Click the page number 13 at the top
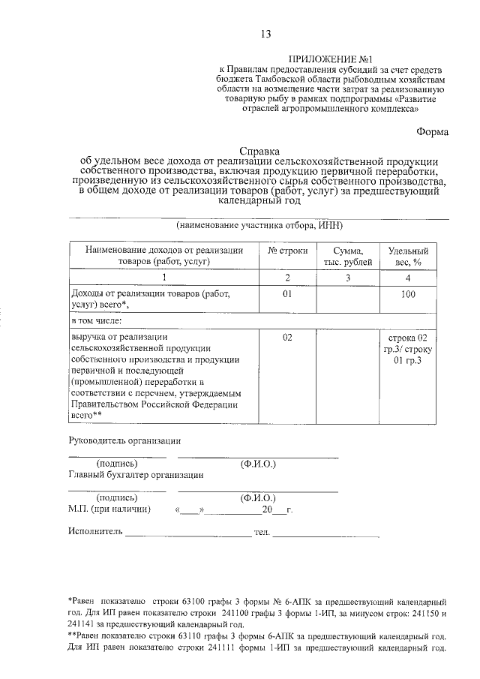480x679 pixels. pos(265,34)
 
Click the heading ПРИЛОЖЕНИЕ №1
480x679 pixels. pos(330,59)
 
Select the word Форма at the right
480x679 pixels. pos(433,132)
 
